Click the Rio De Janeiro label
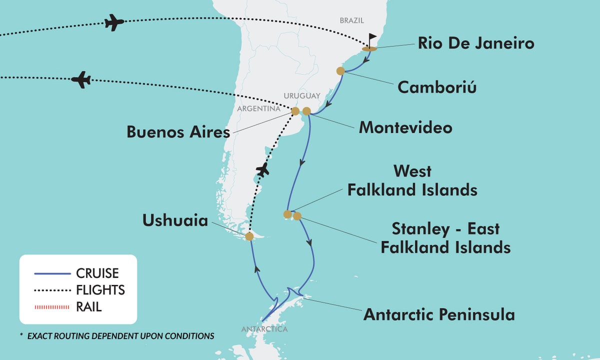click(476, 43)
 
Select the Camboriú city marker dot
click(340, 71)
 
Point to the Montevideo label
click(405, 127)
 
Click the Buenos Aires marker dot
click(295, 111)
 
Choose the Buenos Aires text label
click(178, 132)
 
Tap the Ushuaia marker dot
click(249, 236)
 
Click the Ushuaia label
click(175, 220)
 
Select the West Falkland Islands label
click(412, 180)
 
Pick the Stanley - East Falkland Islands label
click(445, 238)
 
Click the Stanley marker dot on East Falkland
click(297, 216)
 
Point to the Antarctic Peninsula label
click(439, 314)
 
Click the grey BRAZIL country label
click(352, 20)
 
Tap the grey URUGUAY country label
click(301, 95)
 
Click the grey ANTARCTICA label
click(264, 329)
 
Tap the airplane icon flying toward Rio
click(114, 22)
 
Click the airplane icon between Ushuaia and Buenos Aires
click(262, 170)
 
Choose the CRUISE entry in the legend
click(97, 273)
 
